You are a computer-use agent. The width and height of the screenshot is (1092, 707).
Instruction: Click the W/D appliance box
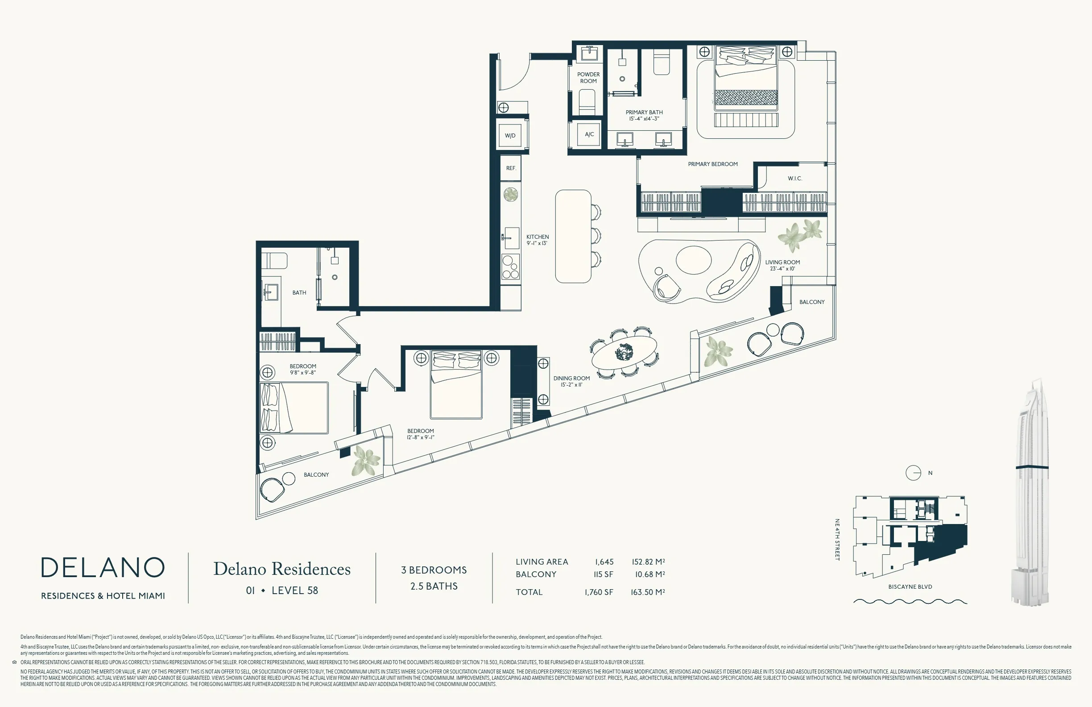tap(510, 135)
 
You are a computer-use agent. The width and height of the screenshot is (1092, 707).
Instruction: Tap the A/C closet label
tap(589, 134)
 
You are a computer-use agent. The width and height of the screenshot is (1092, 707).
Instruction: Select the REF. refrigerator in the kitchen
tap(511, 168)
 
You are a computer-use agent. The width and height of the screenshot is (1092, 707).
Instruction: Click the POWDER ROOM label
tap(588, 78)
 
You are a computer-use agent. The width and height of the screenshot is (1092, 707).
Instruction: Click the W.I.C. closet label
tap(795, 179)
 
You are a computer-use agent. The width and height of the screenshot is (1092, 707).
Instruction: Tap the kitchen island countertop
tap(573, 236)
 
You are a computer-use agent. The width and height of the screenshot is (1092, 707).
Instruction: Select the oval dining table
tap(624, 353)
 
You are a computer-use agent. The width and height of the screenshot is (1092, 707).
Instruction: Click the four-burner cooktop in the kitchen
tap(511, 267)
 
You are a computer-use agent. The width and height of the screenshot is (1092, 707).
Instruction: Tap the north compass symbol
tap(913, 473)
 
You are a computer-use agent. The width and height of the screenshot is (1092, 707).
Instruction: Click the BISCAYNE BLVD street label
tap(910, 587)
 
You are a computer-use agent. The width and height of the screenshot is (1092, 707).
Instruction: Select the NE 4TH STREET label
tap(837, 540)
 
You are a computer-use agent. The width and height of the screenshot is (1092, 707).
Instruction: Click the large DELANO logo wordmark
tap(103, 568)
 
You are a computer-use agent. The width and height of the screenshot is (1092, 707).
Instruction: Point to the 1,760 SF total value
tap(599, 592)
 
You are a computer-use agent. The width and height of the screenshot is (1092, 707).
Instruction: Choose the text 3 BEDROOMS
tap(434, 570)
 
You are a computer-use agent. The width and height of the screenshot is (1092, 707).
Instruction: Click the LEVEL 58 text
tap(294, 591)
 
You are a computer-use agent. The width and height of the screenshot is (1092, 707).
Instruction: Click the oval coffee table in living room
tap(693, 260)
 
